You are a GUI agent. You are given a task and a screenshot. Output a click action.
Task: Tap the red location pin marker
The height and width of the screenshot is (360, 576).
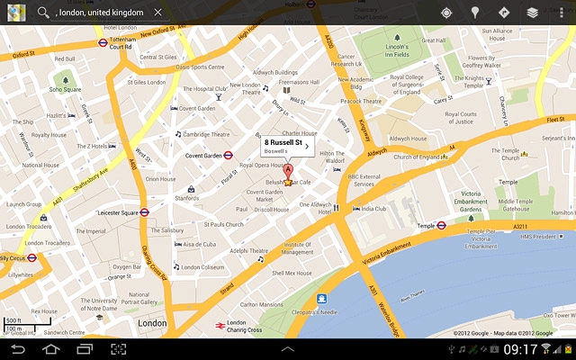(x=288, y=174)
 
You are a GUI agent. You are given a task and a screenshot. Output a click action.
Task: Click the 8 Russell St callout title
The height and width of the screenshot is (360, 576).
(x=282, y=142)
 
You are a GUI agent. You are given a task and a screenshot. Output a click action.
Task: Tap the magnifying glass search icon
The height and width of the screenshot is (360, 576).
(x=43, y=13)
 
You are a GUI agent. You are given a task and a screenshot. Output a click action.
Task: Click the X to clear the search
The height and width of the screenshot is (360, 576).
(x=158, y=13)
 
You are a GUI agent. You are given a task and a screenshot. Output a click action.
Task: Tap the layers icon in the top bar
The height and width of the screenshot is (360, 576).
(x=533, y=13)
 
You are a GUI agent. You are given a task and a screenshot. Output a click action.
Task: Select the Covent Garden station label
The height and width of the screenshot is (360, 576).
(x=203, y=155)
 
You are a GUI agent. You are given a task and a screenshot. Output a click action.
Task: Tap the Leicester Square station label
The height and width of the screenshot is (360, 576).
(x=117, y=212)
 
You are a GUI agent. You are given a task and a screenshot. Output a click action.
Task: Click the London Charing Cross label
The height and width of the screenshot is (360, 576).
(x=244, y=327)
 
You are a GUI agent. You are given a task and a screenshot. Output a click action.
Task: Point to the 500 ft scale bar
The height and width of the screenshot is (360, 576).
(x=27, y=320)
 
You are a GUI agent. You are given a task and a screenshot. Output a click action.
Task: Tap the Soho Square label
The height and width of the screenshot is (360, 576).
(x=65, y=89)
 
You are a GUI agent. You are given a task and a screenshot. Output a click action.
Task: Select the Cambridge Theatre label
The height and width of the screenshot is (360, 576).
(x=206, y=134)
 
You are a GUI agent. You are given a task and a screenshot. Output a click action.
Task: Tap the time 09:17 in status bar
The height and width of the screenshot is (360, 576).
(x=520, y=348)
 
